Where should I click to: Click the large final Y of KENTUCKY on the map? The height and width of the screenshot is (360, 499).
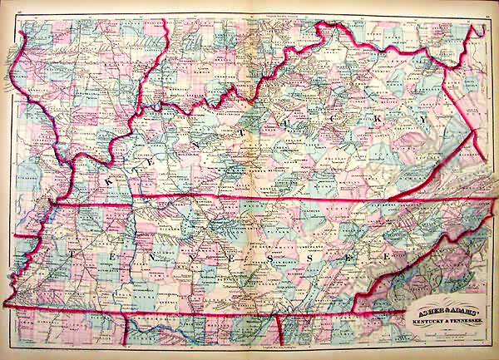pyautogui.click(x=425, y=121)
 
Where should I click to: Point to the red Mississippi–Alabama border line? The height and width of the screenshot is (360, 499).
pyautogui.click(x=126, y=329)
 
